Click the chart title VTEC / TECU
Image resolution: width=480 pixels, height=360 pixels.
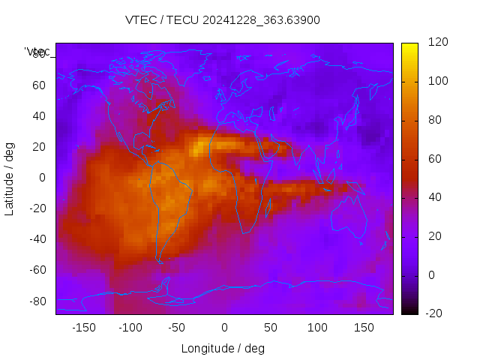[x=222, y=19]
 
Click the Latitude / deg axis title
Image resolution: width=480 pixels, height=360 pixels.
[x=10, y=178]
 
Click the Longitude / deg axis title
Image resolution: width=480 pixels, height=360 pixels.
[x=223, y=348]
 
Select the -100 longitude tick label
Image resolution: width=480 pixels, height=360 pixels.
[x=130, y=328]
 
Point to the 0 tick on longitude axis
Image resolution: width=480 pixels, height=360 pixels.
[x=223, y=328]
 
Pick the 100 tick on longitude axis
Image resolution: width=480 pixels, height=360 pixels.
[x=317, y=328]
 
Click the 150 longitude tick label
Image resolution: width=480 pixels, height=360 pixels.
[x=364, y=328]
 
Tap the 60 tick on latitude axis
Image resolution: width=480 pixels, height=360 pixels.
[x=38, y=85]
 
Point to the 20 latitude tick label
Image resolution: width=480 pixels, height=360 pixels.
[x=38, y=147]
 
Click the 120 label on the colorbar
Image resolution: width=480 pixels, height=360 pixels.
[x=438, y=43]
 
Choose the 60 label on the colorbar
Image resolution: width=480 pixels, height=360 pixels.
[x=435, y=159]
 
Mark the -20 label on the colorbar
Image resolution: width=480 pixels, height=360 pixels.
[x=436, y=313]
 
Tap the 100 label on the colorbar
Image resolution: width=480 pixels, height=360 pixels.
[x=438, y=81]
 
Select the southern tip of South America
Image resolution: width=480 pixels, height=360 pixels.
[x=160, y=260]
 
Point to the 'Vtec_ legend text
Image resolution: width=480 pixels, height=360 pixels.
[x=37, y=52]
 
